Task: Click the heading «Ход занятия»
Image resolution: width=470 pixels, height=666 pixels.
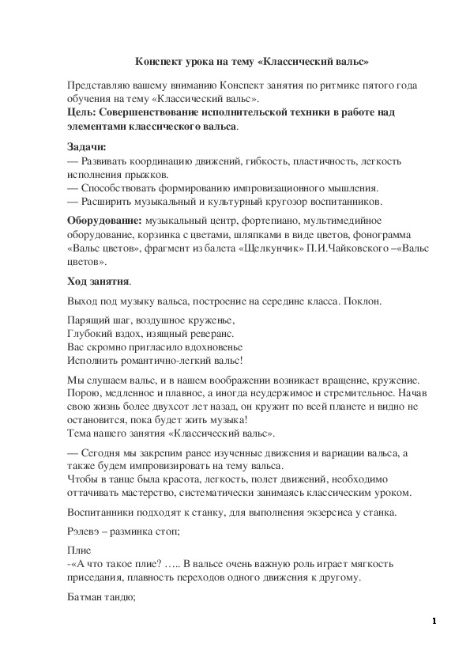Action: point(98,281)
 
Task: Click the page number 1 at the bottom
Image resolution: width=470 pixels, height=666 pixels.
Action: point(434,622)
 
